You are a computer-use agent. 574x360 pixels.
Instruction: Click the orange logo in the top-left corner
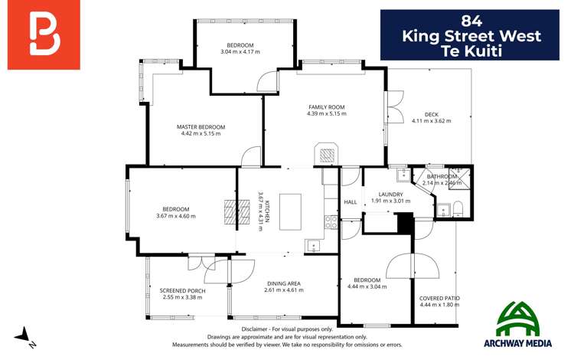point(44,34)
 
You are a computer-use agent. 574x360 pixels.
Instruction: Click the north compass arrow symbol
point(24,335)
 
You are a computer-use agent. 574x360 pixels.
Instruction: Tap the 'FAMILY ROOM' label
point(326,107)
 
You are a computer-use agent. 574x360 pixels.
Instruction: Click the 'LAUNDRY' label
point(386,195)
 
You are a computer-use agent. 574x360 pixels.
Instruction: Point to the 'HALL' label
point(351,202)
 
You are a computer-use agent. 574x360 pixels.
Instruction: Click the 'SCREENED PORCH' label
point(182,291)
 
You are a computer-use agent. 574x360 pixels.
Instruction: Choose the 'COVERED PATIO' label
point(439,298)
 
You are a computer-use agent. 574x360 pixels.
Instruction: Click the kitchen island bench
point(291,211)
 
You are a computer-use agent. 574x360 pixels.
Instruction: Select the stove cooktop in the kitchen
point(331,222)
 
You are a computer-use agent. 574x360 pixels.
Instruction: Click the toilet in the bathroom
point(458,208)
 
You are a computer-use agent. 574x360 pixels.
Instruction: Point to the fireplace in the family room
point(327,155)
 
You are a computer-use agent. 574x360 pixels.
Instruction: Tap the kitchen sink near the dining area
point(314,245)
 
